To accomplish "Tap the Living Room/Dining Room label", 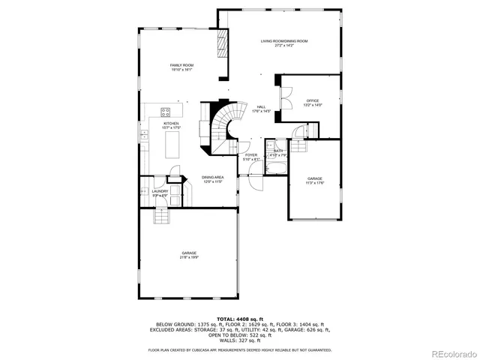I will pos(284,41).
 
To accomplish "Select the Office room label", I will pos(313,100).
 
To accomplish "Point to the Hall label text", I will pos(261,107).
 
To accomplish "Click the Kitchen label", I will pos(172,124).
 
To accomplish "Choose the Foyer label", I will pos(251,156).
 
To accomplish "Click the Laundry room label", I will pos(160,191).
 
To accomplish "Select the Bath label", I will pos(278,151).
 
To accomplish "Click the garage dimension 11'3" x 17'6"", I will pos(315,182).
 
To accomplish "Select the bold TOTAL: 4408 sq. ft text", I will pos(239,319).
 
